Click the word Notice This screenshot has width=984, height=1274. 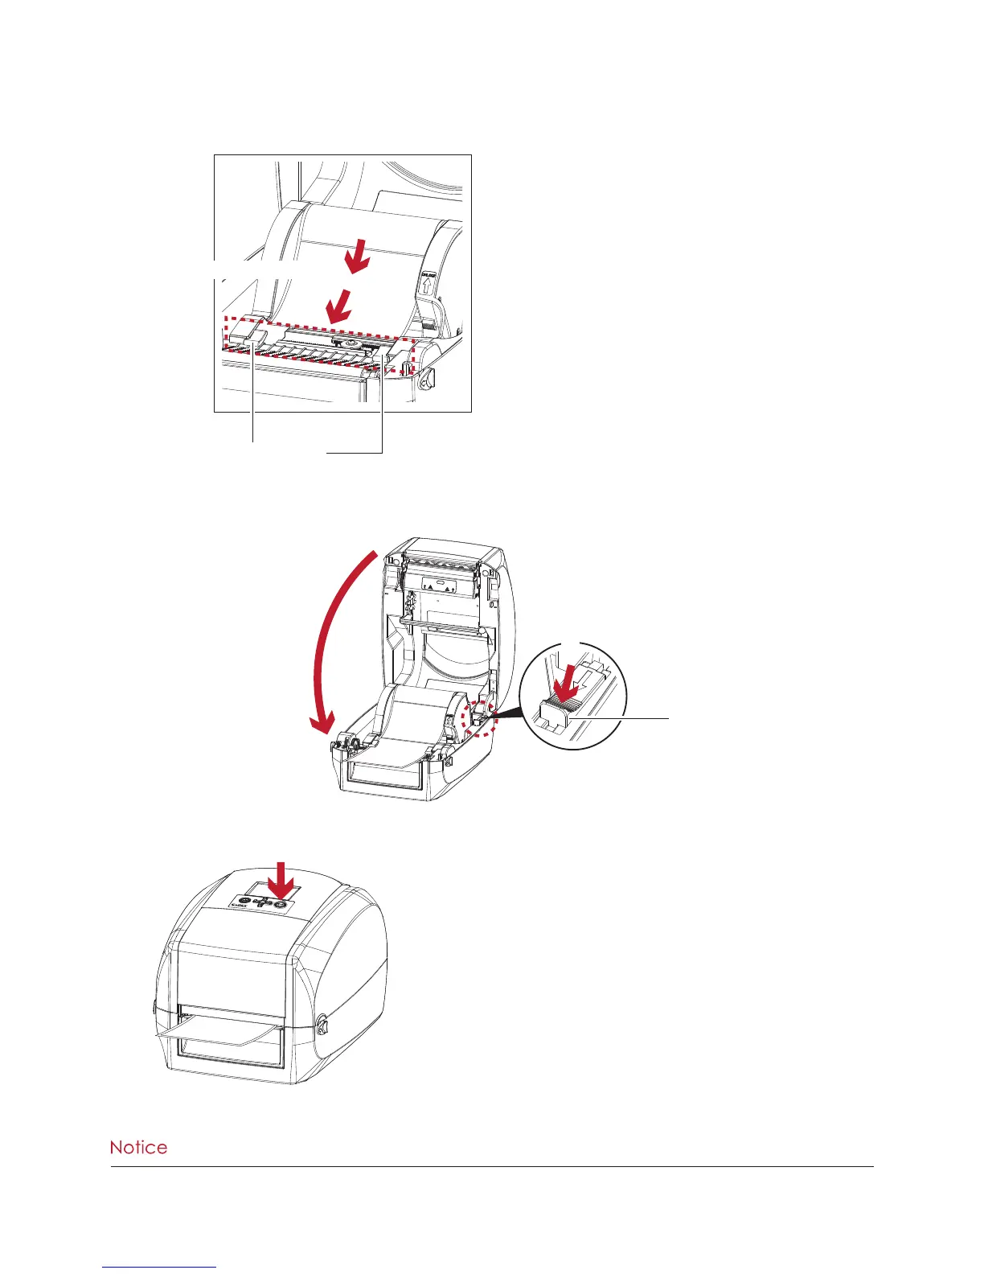click(x=138, y=1147)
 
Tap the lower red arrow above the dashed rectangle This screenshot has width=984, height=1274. click(x=338, y=305)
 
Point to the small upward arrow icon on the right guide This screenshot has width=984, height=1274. click(x=426, y=286)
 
